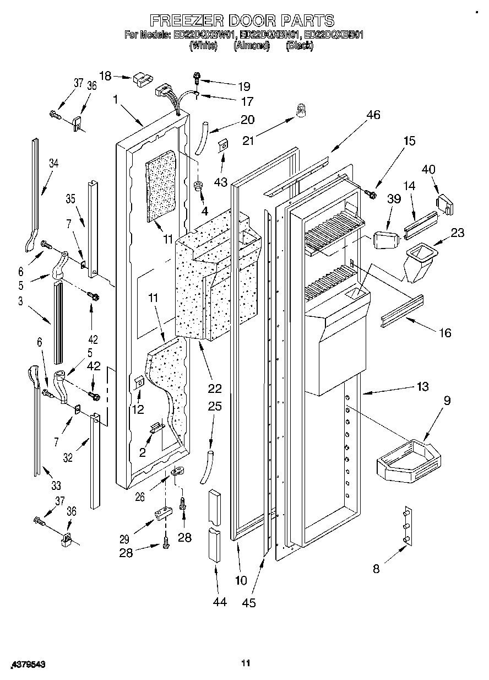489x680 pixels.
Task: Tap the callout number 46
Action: click(373, 115)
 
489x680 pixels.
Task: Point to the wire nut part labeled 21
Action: click(301, 111)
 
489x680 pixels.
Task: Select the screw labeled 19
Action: click(197, 79)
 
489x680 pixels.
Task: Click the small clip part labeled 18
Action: click(142, 78)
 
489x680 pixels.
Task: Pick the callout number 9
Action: click(446, 401)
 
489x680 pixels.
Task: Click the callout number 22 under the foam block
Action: click(214, 388)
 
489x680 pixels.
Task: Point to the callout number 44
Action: click(219, 602)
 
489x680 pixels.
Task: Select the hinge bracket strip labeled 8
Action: click(406, 526)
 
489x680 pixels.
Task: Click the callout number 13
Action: click(422, 386)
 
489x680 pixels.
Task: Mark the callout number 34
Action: click(53, 163)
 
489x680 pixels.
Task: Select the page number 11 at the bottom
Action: click(246, 663)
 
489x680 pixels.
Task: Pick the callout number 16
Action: click(445, 332)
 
